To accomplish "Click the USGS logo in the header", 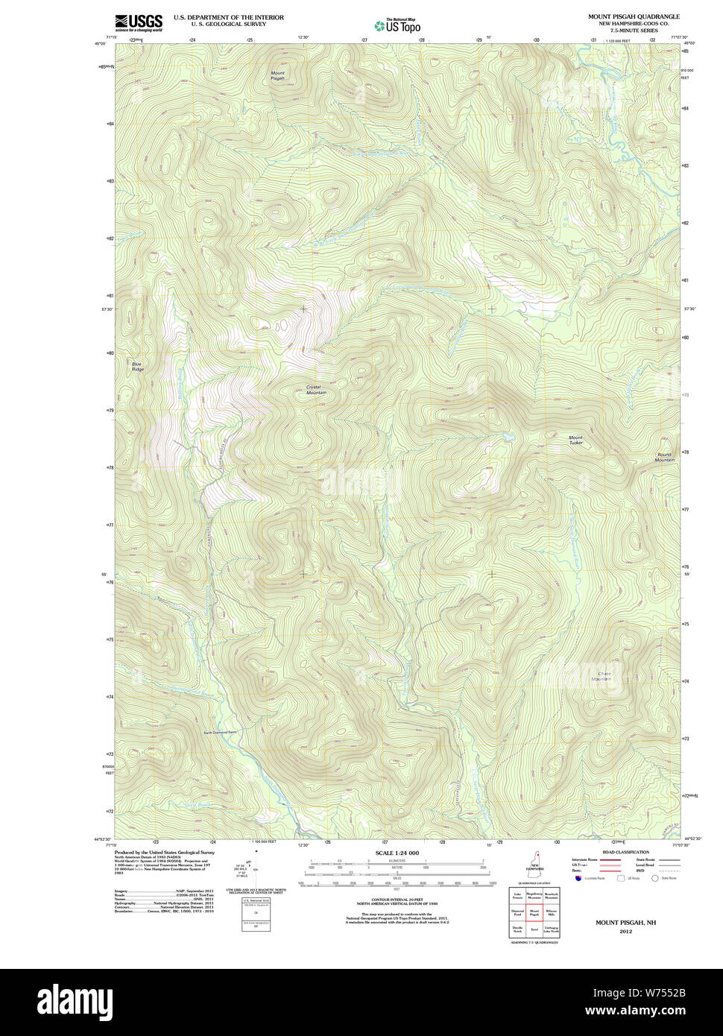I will point(139,22).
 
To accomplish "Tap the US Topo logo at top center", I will point(398,25).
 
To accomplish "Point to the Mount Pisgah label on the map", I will point(277,75).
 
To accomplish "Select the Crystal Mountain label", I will point(316,390).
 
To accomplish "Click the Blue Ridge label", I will point(137,367).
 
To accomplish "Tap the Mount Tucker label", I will point(575,440).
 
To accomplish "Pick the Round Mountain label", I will point(665,457).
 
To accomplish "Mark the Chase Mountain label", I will point(602,676).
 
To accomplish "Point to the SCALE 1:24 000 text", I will point(397,853).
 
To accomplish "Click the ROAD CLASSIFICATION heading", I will point(625,852).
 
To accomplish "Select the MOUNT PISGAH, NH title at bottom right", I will point(625,923).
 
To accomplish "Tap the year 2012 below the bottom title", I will point(625,931).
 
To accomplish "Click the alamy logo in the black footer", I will point(75,1001).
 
